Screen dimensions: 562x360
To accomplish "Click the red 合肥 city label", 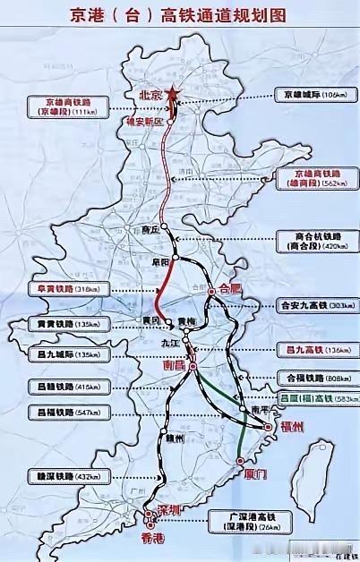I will (230, 288).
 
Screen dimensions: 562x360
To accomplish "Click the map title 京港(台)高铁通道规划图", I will (180, 16).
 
